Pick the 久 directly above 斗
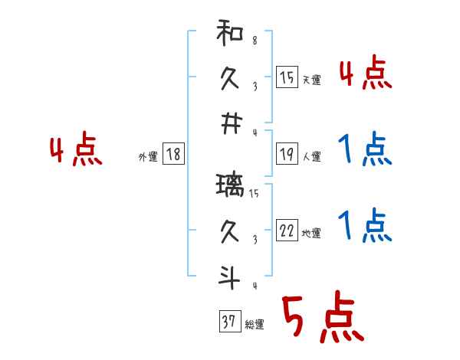coord(230,231)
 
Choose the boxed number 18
coord(173,155)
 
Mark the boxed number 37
coord(228,322)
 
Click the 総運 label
coord(255,325)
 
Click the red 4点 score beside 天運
coord(366,74)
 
